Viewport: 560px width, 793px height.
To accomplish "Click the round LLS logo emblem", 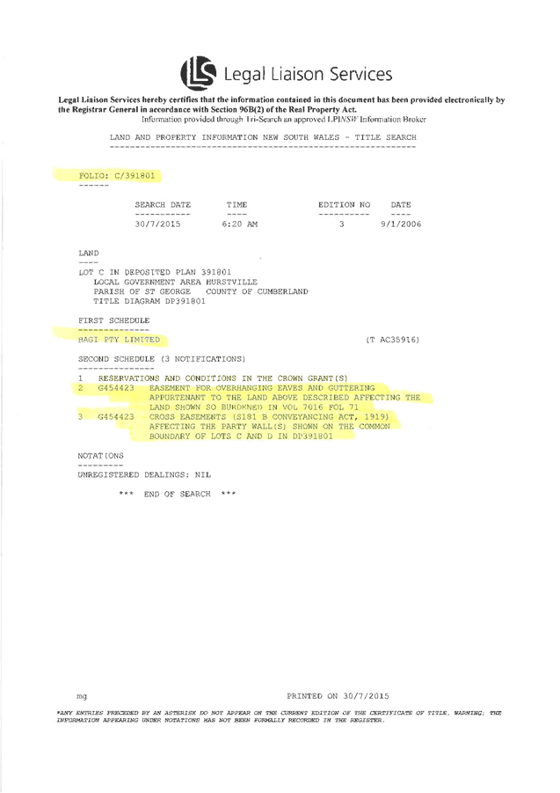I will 197,72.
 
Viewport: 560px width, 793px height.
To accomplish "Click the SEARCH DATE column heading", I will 163,205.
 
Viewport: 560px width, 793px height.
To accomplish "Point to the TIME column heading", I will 237,205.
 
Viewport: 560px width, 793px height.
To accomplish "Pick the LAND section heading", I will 89,253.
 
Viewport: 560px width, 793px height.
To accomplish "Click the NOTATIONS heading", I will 100,455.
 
